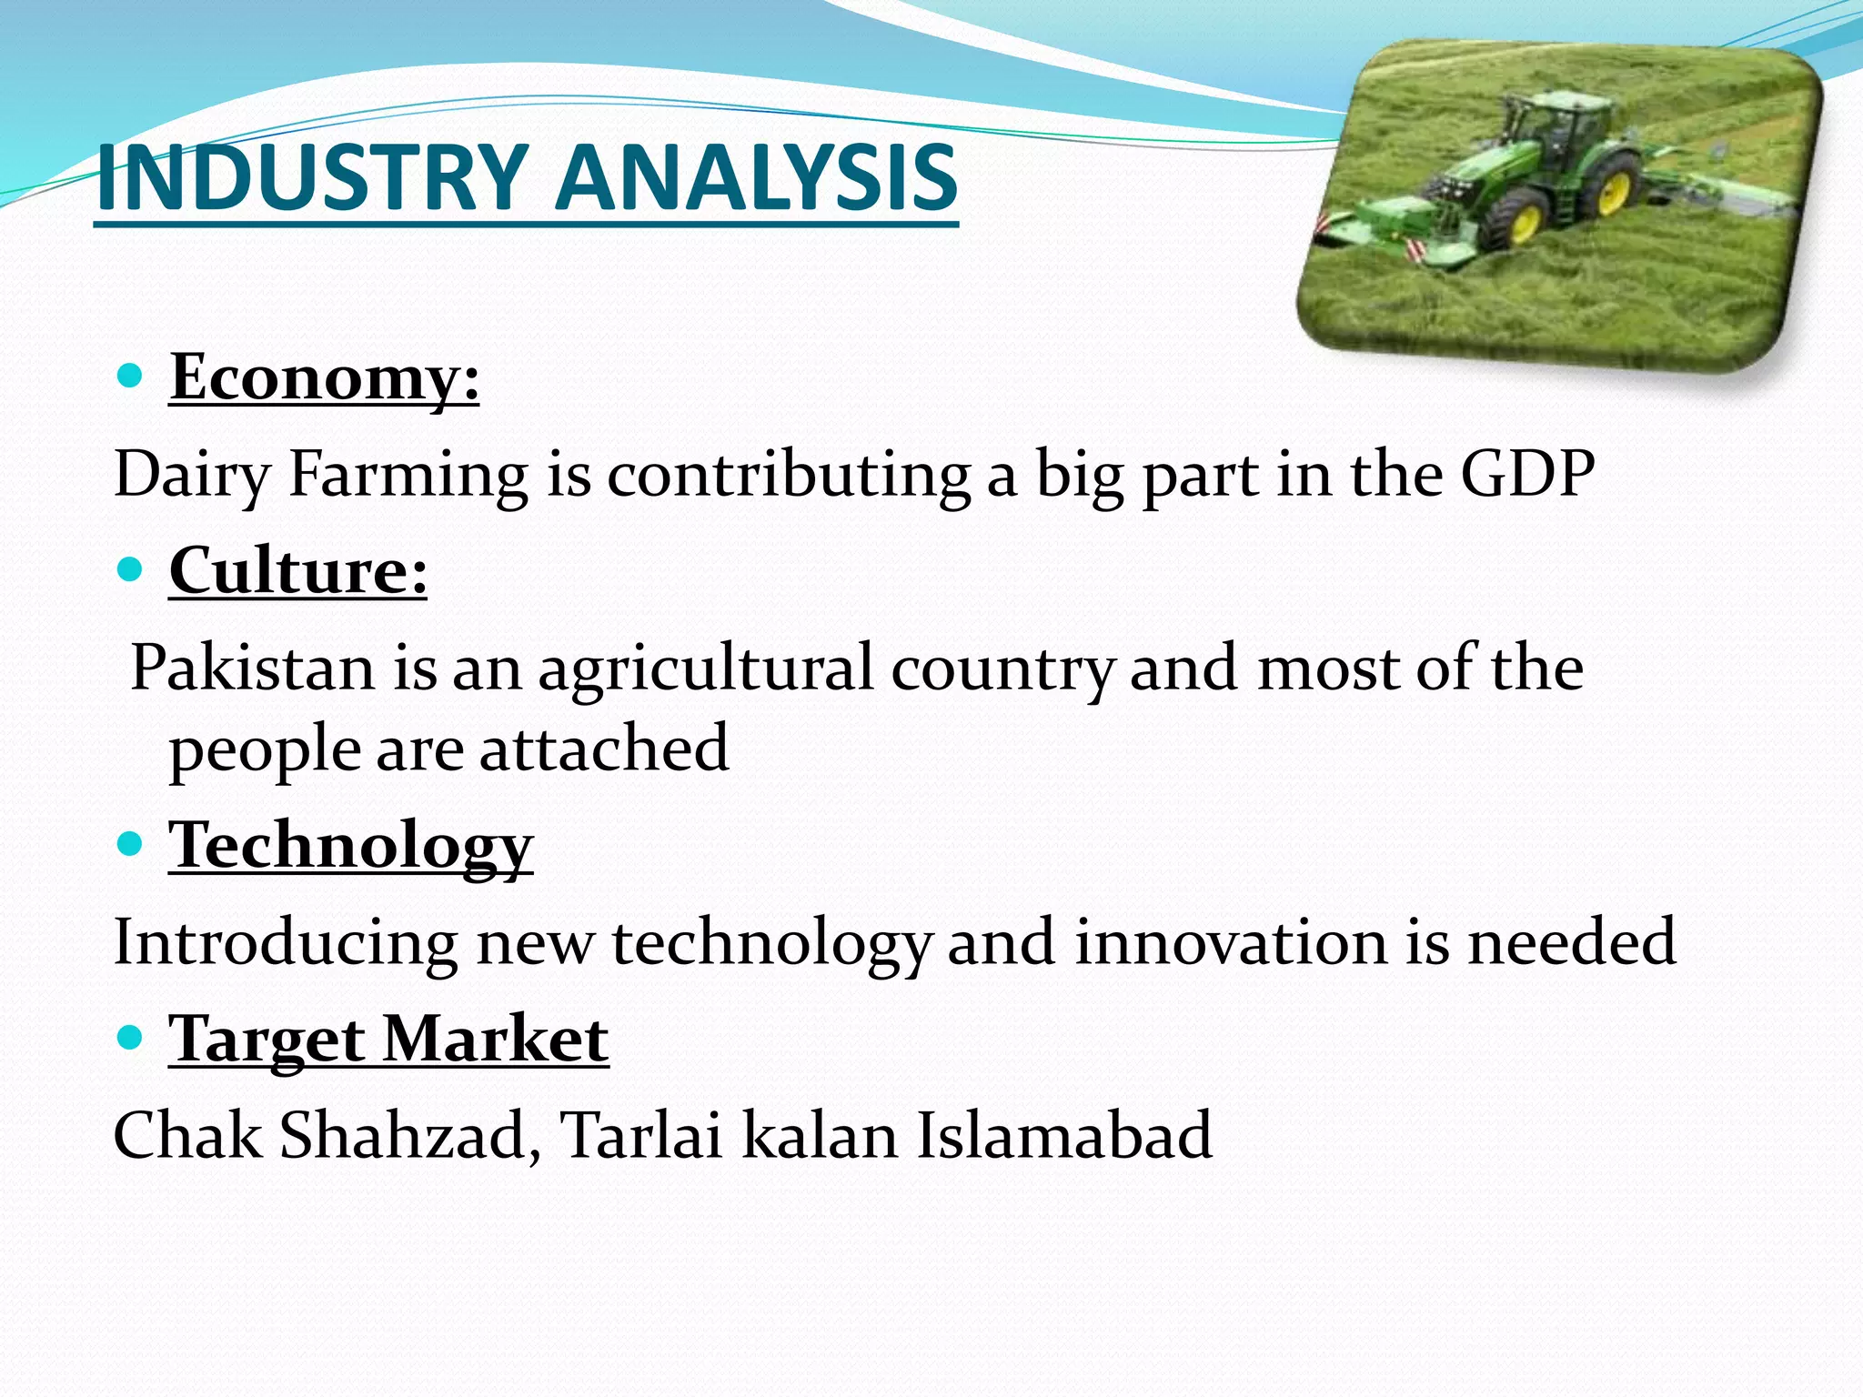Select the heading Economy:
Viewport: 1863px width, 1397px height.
point(324,377)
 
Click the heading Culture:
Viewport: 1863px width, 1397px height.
point(297,571)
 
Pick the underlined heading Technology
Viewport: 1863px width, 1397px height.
point(350,846)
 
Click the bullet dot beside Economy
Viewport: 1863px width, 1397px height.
point(131,375)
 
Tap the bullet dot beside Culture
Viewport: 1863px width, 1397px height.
point(131,570)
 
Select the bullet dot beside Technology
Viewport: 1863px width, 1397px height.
point(131,845)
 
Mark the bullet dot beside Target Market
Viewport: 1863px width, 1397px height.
point(131,1038)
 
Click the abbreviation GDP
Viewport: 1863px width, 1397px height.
point(1527,474)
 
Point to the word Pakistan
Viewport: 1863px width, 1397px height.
point(253,668)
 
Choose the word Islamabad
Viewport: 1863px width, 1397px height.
point(1063,1136)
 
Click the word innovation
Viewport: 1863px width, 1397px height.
point(1231,942)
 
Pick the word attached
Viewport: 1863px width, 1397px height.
point(604,749)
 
